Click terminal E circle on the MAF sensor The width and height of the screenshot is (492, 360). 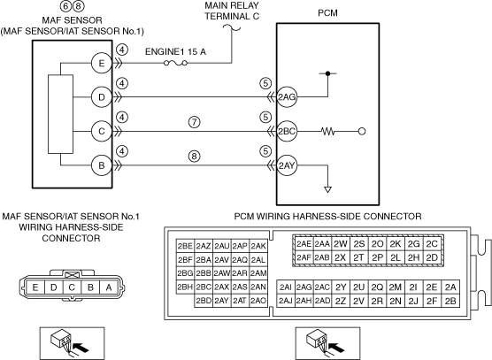click(x=102, y=64)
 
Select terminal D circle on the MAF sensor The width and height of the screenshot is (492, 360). click(x=102, y=97)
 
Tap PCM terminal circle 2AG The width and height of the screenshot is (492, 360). click(x=287, y=97)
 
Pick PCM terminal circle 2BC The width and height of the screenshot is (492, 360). click(x=287, y=132)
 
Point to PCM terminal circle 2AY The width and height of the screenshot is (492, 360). click(x=287, y=165)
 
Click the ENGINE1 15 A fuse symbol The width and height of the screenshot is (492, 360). click(x=176, y=64)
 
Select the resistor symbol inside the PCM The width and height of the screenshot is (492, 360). click(x=328, y=132)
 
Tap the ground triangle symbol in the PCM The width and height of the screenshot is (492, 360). click(x=328, y=189)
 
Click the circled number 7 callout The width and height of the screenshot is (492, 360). click(x=194, y=122)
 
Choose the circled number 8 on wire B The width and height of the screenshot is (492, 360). click(x=194, y=156)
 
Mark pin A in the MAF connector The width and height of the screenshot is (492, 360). click(x=109, y=287)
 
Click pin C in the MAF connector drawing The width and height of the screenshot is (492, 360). click(x=72, y=287)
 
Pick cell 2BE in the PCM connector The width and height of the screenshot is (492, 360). click(x=185, y=246)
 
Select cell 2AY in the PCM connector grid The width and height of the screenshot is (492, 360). click(x=222, y=301)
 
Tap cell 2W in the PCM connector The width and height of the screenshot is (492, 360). click(x=340, y=244)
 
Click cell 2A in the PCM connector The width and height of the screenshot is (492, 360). click(x=450, y=287)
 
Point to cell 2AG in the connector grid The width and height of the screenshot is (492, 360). click(x=304, y=287)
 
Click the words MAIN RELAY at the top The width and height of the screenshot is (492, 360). click(x=232, y=5)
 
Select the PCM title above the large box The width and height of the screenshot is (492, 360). click(x=328, y=13)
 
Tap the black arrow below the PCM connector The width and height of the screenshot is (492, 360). click(x=337, y=348)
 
